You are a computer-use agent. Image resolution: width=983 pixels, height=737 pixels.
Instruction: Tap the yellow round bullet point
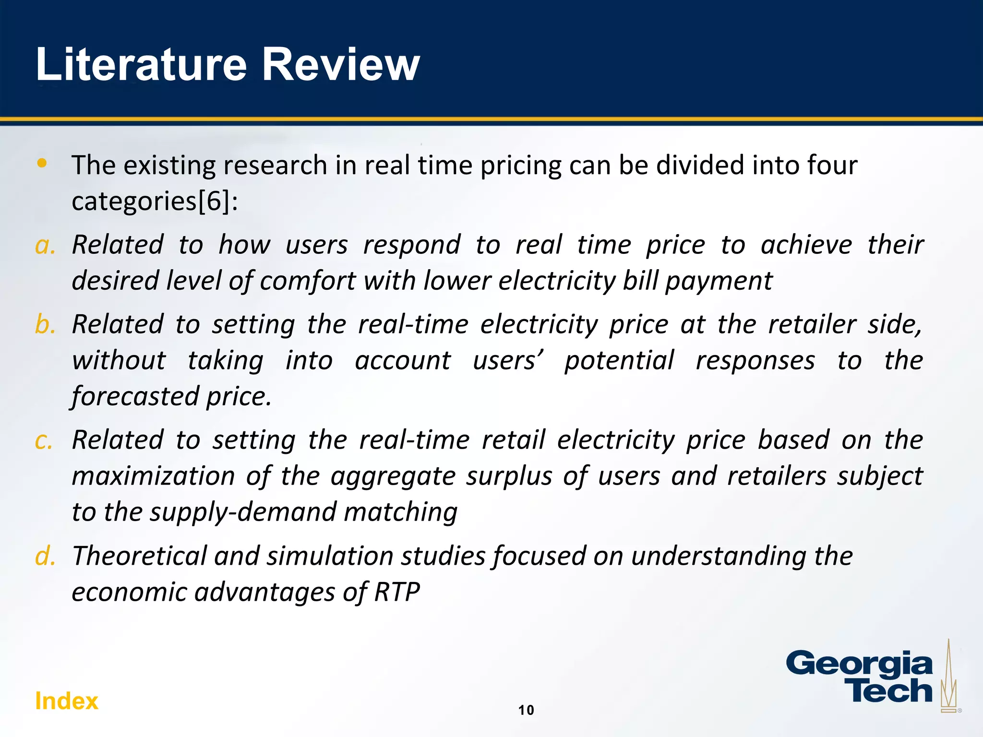[x=42, y=163]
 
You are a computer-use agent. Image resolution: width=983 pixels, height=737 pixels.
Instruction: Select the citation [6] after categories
[x=214, y=201]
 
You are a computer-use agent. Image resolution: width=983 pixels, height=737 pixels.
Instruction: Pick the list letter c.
[x=44, y=440]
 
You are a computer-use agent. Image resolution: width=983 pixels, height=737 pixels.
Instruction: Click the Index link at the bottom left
[x=66, y=701]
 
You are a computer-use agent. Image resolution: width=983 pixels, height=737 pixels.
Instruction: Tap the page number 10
[x=526, y=710]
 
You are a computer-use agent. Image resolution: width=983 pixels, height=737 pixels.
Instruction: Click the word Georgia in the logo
[x=859, y=665]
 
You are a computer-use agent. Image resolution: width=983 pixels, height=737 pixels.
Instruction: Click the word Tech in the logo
[x=891, y=691]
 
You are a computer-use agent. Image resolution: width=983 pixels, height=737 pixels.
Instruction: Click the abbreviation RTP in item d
[x=396, y=592]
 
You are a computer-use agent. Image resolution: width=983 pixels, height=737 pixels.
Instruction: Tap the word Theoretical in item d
[x=139, y=556]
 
